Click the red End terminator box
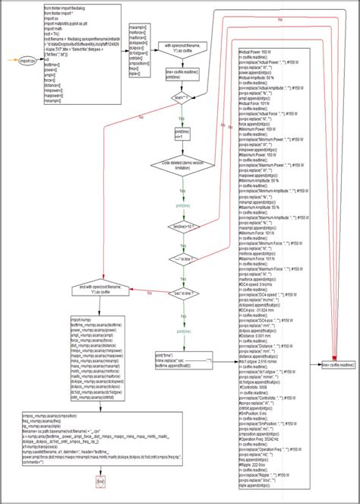coord(101,482)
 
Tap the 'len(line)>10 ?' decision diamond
coord(182,226)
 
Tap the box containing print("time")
coord(182,360)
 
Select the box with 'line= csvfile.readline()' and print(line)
coord(182,74)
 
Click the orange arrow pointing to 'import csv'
coord(9,60)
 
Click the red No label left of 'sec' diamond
coord(150,293)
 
